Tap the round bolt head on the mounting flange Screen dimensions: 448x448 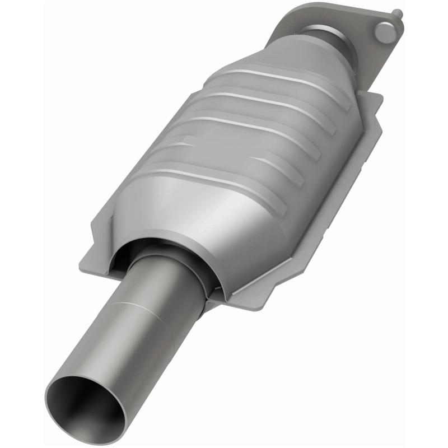click(385, 31)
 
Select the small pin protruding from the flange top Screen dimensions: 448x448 click(396, 13)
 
